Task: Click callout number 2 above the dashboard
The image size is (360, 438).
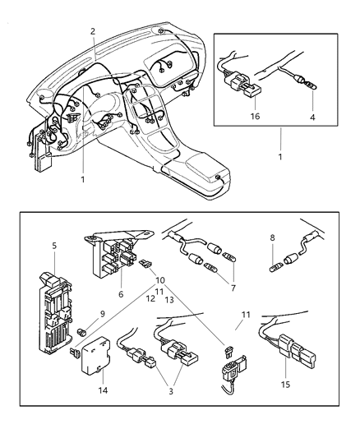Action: (x=93, y=31)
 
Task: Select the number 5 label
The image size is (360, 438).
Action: (x=54, y=245)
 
